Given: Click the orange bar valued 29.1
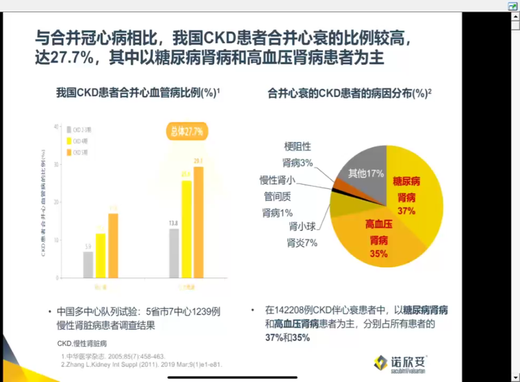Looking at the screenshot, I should pyautogui.click(x=198, y=221).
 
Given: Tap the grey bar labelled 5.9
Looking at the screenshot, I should pyautogui.click(x=88, y=264).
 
